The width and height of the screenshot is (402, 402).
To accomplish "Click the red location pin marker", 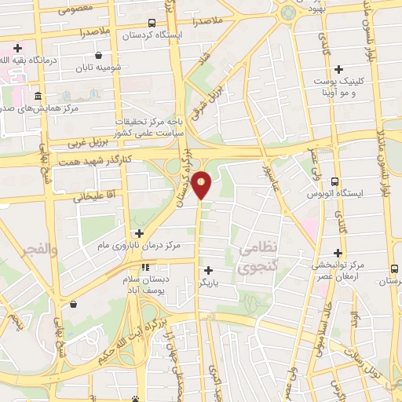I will [203, 184].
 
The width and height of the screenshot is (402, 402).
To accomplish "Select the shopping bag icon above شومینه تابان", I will [98, 55].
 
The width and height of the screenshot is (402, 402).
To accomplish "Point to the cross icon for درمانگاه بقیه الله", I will [18, 48].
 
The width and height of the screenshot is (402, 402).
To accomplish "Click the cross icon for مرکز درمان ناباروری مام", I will [139, 233].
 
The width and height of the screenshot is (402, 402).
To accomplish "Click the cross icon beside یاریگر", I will [208, 271].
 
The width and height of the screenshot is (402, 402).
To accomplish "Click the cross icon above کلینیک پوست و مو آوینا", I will [338, 69].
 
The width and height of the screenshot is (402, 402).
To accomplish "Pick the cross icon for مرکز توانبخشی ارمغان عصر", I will [338, 253].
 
